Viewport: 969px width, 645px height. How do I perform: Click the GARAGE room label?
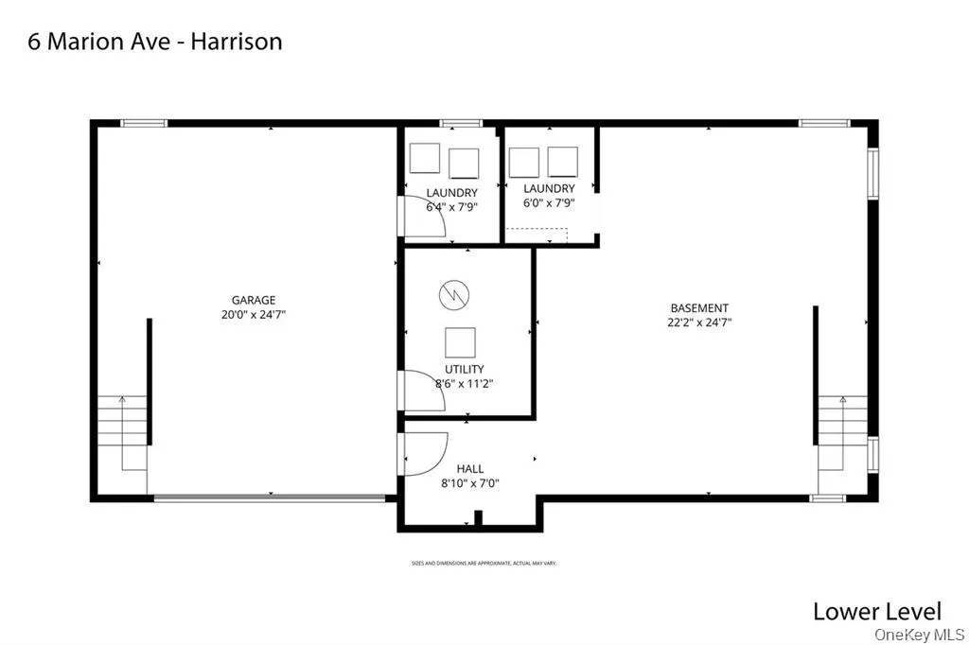254,301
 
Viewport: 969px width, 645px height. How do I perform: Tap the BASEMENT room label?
699,307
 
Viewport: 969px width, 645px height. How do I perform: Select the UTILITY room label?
464,369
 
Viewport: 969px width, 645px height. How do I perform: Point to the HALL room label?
469,468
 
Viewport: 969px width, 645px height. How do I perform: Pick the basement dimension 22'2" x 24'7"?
700,322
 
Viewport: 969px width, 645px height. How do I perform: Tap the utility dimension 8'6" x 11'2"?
464,384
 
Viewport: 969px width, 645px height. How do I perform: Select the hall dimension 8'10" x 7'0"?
470,483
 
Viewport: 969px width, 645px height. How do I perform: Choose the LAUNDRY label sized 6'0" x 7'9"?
549,188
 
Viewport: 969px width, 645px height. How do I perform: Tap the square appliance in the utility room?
461,341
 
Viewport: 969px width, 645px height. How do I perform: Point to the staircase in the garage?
123,432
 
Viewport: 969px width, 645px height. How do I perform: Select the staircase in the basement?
842,431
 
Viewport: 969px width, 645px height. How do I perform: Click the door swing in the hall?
425,454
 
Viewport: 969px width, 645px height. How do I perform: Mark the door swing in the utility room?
422,390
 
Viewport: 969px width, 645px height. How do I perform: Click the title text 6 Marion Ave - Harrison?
155,42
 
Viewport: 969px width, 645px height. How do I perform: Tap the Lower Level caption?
877,611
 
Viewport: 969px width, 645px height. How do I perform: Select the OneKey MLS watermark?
918,634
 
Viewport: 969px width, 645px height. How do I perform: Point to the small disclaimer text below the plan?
484,563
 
